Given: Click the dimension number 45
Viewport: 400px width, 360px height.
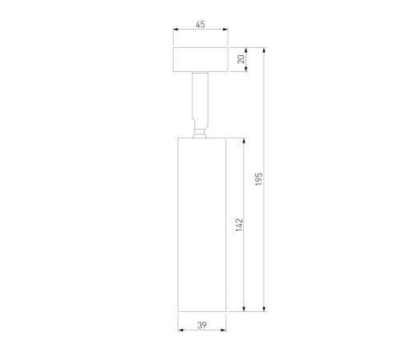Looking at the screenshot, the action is tap(201, 25).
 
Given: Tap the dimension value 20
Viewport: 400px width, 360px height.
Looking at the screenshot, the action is tap(242, 59).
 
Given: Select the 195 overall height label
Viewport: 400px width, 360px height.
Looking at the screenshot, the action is tap(259, 179).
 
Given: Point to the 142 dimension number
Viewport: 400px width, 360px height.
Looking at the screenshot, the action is tap(239, 225).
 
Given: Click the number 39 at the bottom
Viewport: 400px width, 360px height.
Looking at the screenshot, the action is tap(202, 325).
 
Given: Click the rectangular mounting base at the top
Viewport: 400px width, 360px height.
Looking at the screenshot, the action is tap(201, 60).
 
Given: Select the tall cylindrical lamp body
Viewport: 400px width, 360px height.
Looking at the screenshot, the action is tap(202, 225).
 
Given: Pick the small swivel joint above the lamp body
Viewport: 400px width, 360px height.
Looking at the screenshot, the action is tap(200, 134).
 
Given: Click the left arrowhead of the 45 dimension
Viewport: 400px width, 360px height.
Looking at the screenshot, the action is tap(176, 30).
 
